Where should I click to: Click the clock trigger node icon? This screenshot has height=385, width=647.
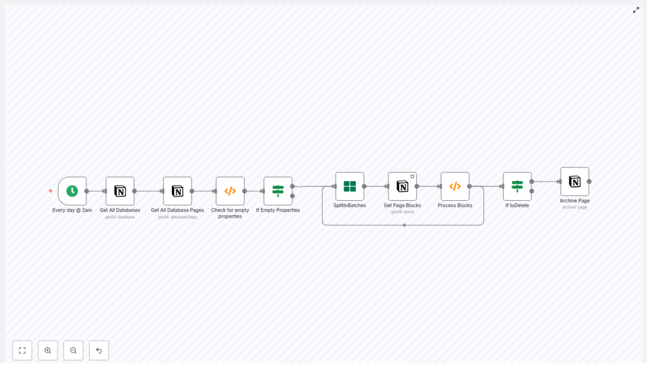72,191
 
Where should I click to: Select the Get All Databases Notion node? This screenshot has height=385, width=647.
120,191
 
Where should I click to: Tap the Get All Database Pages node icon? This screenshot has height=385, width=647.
178,191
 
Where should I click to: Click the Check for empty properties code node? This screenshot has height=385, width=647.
230,191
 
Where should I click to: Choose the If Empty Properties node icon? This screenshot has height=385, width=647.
278,191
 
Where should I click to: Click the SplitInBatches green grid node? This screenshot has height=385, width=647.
349,186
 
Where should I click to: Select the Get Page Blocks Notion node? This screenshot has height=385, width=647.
402,186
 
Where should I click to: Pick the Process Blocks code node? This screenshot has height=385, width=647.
455,186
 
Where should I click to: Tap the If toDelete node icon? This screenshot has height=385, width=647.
517,186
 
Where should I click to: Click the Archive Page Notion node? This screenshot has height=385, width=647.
574,181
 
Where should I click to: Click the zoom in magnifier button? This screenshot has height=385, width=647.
48,350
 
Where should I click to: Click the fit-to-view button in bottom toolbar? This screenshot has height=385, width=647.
22,350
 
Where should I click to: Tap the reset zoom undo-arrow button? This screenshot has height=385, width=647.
99,350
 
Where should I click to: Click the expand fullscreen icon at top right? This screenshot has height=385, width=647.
636,10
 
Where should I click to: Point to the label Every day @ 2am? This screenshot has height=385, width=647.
72,210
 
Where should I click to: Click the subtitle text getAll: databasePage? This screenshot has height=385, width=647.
178,217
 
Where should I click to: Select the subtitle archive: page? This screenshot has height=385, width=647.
574,207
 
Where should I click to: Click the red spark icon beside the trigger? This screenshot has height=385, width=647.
51,191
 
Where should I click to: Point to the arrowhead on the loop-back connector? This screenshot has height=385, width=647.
404,225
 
